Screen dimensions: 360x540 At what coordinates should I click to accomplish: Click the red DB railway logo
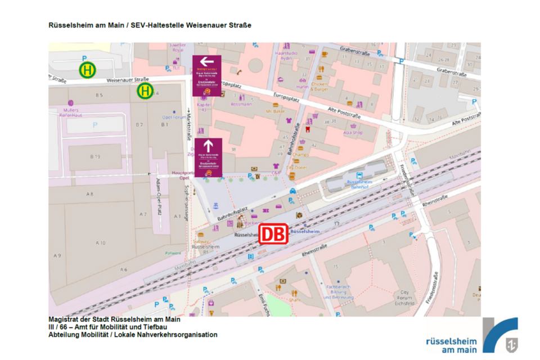(273, 233)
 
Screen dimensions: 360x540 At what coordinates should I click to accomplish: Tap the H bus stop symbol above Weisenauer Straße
(87, 70)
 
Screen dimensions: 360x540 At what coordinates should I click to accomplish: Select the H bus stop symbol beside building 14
(145, 91)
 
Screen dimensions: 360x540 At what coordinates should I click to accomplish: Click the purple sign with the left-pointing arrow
(207, 76)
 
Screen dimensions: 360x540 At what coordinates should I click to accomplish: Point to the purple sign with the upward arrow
(208, 157)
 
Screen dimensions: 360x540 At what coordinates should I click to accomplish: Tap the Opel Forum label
(174, 117)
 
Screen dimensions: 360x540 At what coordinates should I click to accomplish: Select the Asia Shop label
(353, 133)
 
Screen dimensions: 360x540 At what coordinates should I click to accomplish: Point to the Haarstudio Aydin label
(286, 56)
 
